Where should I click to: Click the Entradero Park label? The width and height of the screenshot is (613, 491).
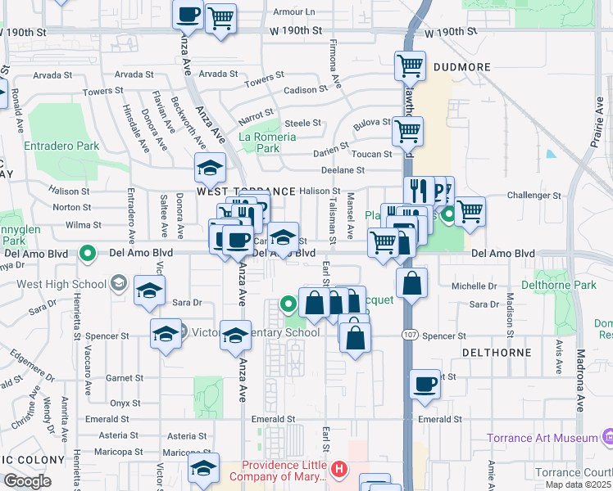[61, 146]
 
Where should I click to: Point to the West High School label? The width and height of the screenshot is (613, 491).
[62, 284]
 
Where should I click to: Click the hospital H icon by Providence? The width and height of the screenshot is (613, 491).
[340, 470]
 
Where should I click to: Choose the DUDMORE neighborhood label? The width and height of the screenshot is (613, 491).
[457, 67]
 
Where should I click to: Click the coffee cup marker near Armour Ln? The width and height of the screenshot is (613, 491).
[188, 14]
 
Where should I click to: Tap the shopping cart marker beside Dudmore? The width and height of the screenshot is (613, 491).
[409, 65]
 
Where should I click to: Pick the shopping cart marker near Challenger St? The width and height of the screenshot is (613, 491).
[470, 210]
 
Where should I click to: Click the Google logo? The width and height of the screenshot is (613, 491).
[27, 480]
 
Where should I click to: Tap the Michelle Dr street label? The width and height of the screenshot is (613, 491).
[475, 286]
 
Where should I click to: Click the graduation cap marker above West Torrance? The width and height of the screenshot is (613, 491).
[211, 168]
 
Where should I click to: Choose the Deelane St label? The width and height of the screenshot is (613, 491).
[343, 170]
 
